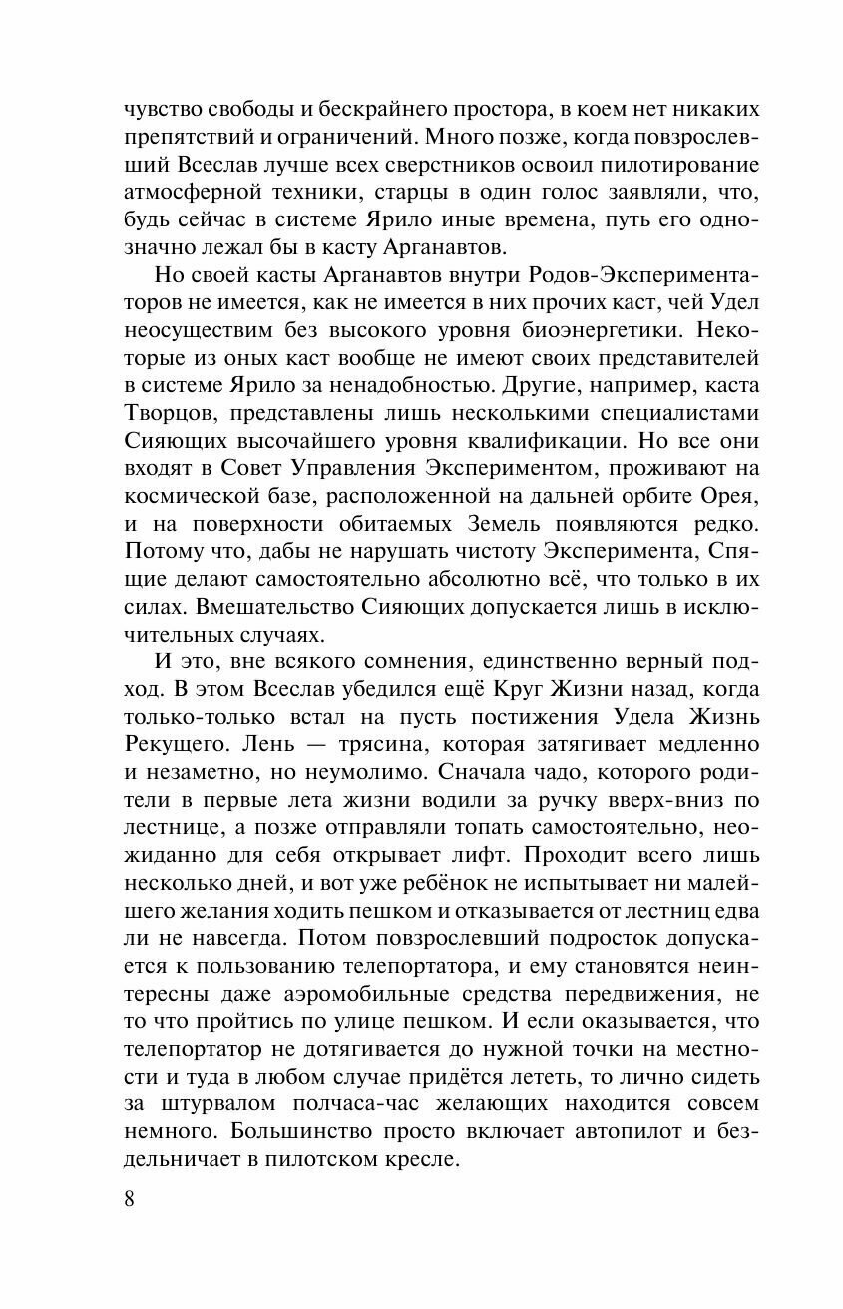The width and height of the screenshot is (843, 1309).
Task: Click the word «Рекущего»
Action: coord(174,744)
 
